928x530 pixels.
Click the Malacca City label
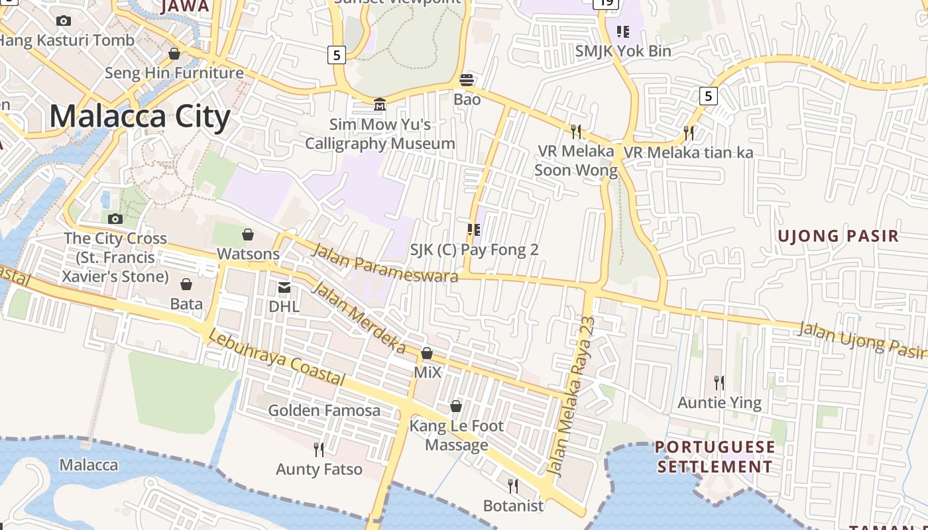140,117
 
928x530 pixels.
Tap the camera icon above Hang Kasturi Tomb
64,21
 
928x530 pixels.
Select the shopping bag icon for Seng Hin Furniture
174,53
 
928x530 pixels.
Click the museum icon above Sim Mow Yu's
380,104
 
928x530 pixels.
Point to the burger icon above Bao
467,80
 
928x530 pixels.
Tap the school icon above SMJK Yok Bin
622,31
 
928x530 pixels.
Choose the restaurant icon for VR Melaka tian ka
689,132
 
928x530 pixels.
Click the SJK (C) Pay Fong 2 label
474,250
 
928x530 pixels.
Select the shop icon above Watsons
248,235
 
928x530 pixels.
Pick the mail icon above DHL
284,288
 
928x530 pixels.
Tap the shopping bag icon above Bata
186,284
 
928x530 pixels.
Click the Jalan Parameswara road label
384,263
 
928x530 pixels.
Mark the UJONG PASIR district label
838,236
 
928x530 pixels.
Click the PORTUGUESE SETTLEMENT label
715,456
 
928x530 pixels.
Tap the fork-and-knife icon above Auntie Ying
719,382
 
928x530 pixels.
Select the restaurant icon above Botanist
513,486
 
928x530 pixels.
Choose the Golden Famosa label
324,411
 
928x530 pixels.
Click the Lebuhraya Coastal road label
276,358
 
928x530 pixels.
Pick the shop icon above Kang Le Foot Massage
456,406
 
